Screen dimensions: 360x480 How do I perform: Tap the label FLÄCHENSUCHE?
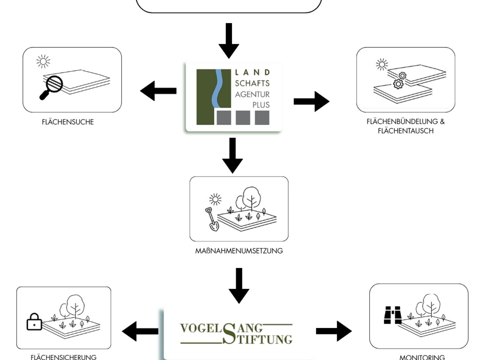point(68,122)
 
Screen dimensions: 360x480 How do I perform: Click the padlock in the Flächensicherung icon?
point(34,322)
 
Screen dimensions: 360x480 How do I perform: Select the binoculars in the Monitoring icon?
point(393,315)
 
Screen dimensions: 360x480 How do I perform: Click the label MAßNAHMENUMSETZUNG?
point(239,251)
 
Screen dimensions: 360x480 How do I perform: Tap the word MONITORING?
point(422,357)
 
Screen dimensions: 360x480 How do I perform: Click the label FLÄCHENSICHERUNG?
point(64,357)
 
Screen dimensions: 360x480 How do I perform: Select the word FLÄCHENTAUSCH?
point(406,131)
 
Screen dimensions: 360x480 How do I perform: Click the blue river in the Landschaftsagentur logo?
point(218,88)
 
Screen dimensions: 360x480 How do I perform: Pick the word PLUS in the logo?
point(261,105)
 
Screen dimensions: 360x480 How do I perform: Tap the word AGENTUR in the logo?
point(252,95)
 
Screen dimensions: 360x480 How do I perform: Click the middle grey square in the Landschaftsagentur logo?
point(243,118)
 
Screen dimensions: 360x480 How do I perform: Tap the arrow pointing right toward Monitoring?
point(334,331)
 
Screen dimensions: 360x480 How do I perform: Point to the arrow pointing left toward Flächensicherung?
point(140,331)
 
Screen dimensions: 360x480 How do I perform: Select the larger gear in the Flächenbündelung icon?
point(398,84)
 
